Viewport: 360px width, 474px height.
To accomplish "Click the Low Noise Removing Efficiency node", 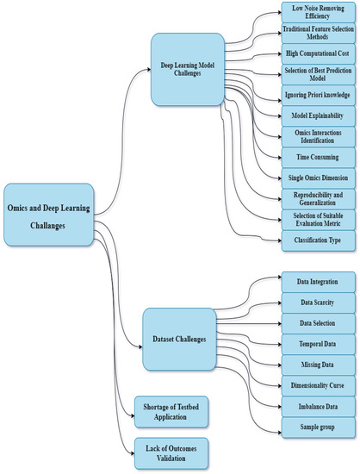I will pos(320,11).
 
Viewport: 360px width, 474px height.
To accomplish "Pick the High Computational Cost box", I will pos(320,53).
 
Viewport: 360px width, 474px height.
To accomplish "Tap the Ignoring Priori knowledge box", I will pos(320,95).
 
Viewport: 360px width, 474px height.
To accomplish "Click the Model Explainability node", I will pos(320,115).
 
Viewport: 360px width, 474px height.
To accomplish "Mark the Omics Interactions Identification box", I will pos(320,137).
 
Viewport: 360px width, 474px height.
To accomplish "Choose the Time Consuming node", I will pos(320,158).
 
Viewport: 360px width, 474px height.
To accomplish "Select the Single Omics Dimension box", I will pos(320,177).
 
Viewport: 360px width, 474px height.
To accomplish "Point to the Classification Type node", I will pos(320,240).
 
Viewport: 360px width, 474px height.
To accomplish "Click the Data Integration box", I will pos(320,282).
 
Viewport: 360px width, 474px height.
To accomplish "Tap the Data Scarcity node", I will pos(320,302).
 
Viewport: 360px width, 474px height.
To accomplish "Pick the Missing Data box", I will pos(320,364).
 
